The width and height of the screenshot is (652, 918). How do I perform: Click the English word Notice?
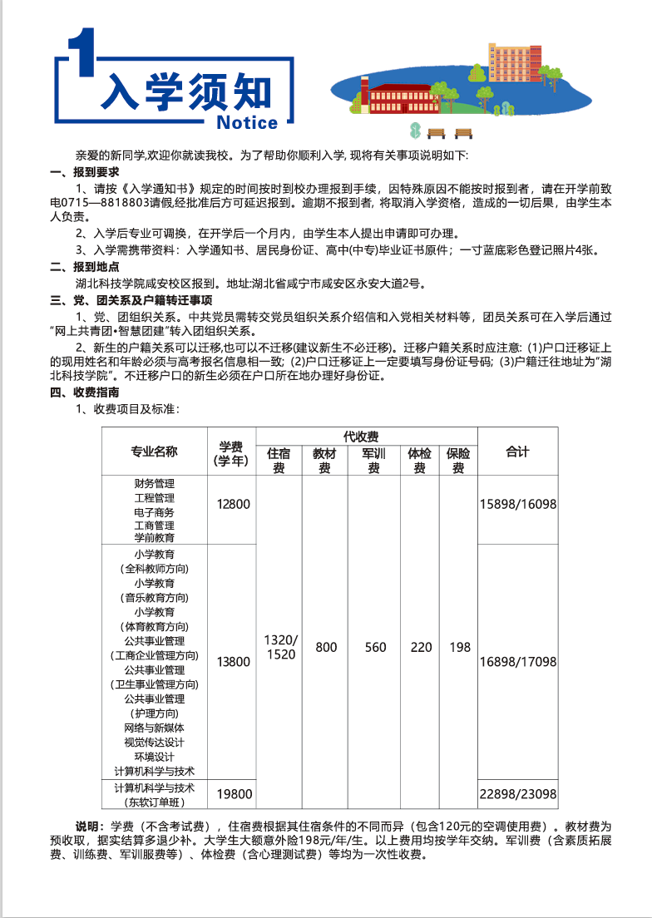click(246, 123)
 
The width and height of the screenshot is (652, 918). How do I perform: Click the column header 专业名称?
click(154, 452)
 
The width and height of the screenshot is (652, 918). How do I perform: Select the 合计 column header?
click(517, 452)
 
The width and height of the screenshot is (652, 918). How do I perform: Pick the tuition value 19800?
click(233, 794)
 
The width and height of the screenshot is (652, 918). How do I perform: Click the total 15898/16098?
click(518, 504)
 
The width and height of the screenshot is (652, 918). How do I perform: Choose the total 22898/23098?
click(518, 794)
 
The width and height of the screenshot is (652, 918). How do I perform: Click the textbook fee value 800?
click(326, 647)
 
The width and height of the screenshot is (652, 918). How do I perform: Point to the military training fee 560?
click(375, 647)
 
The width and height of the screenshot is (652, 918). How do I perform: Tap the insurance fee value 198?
click(460, 647)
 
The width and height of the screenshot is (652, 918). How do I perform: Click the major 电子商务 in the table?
click(154, 511)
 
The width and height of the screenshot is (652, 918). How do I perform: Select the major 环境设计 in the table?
click(154, 757)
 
